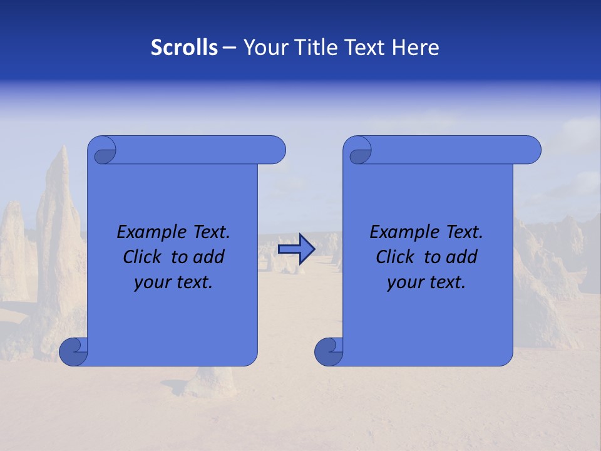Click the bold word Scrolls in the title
[x=184, y=48]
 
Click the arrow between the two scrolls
[x=296, y=249]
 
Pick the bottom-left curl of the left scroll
[x=73, y=351]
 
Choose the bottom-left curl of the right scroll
[x=329, y=351]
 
